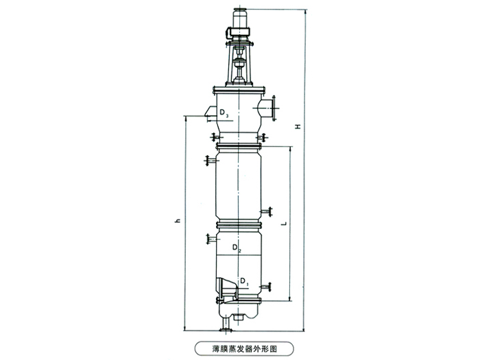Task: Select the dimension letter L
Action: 285,224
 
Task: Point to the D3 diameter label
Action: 224,113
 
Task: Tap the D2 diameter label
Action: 237,248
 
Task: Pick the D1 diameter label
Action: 244,282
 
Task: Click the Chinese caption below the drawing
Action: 244,348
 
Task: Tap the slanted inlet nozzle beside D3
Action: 210,111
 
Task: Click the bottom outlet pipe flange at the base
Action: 226,329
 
